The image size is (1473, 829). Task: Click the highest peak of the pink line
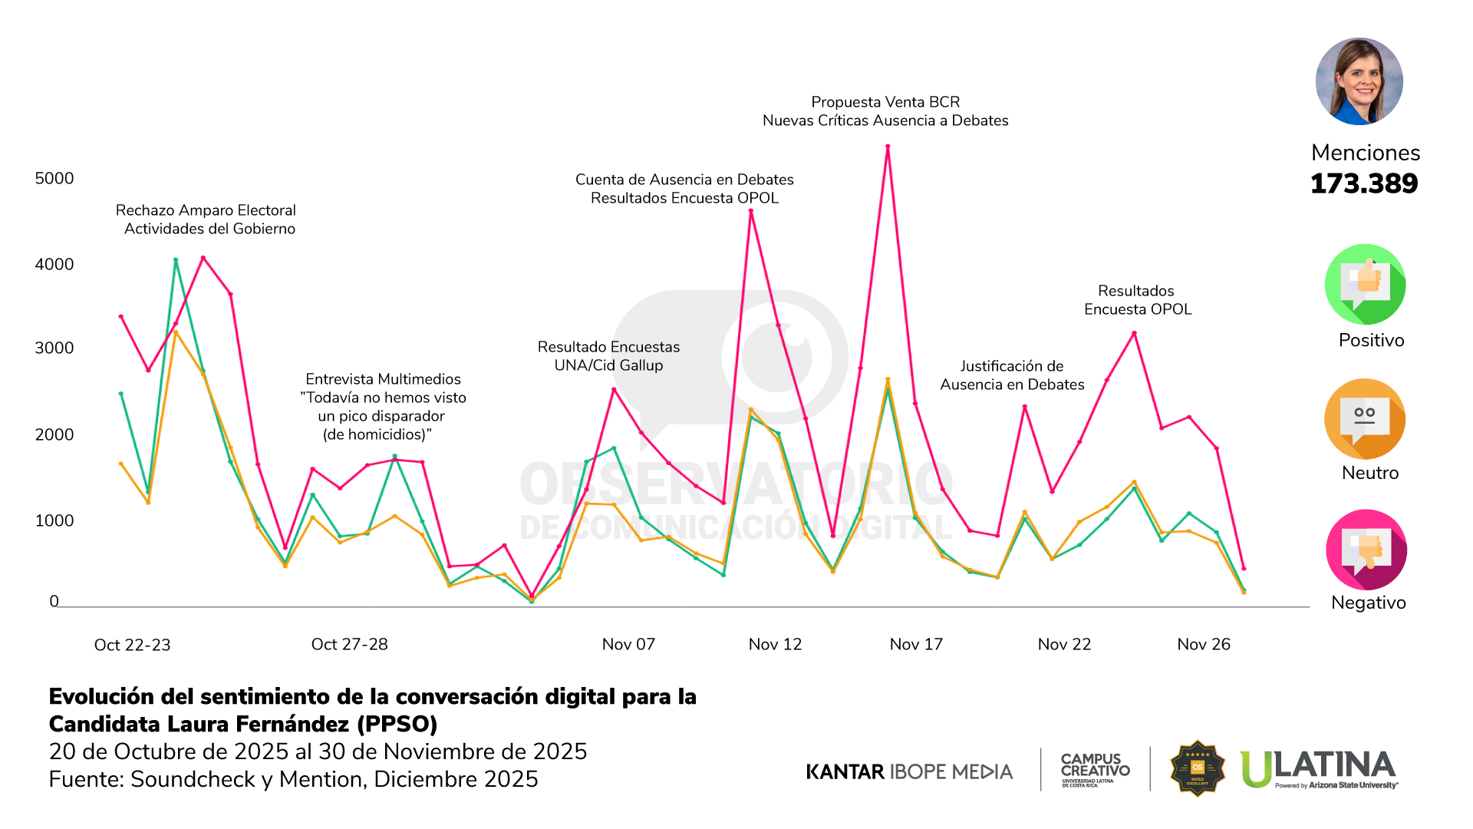tap(888, 147)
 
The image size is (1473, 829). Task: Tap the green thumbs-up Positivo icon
tap(1365, 285)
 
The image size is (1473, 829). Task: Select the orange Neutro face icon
tap(1365, 419)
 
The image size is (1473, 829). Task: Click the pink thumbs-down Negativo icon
tap(1366, 550)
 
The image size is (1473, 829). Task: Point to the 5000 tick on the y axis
tap(54, 178)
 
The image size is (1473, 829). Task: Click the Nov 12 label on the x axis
tap(775, 644)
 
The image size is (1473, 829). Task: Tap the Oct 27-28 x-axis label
tap(349, 644)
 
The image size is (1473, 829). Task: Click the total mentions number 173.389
tap(1364, 183)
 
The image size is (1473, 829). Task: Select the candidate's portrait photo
tap(1359, 81)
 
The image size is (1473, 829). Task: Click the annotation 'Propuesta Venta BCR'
tap(885, 102)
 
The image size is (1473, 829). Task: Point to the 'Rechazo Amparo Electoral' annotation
tap(206, 210)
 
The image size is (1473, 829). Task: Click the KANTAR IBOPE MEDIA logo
tap(909, 771)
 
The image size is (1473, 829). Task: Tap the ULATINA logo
tap(1319, 768)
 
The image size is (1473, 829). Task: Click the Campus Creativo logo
tap(1095, 769)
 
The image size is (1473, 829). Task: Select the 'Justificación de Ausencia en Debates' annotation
tap(1012, 375)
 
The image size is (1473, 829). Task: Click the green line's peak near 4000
tap(176, 260)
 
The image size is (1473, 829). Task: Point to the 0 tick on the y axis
tap(54, 601)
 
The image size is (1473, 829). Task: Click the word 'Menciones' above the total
tap(1366, 153)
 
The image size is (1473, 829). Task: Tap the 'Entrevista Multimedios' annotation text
tap(383, 379)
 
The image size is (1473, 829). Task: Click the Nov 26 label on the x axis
tap(1204, 644)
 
